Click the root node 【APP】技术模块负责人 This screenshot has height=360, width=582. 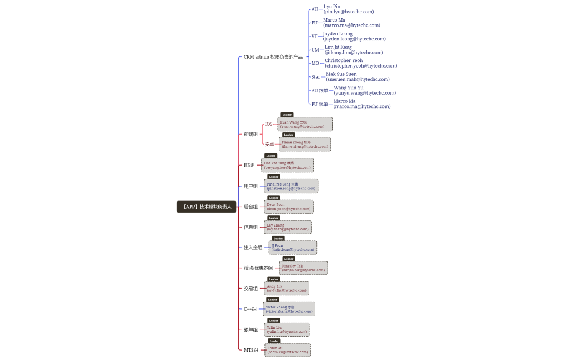[x=206, y=207]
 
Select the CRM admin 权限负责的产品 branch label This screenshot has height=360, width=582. [x=273, y=57]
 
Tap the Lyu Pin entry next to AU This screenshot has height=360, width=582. [x=349, y=9]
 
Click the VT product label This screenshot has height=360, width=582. [x=314, y=37]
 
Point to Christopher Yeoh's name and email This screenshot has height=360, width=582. [x=361, y=63]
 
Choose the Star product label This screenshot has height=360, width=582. [x=315, y=77]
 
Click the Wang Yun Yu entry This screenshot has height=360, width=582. [x=365, y=90]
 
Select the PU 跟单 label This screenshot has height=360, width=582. [x=319, y=104]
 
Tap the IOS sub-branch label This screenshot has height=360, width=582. [x=268, y=124]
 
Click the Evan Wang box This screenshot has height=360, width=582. [x=305, y=124]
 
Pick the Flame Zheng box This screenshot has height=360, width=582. [x=305, y=145]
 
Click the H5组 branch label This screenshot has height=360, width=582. [x=249, y=165]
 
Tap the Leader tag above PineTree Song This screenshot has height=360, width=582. [x=274, y=177]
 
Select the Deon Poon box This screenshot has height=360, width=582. [x=289, y=207]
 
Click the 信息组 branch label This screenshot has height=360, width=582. [x=250, y=227]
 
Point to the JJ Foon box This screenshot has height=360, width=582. [x=293, y=248]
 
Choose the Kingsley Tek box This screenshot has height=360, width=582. [x=303, y=268]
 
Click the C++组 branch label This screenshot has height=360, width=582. [x=250, y=309]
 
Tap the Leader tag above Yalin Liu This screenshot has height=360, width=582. [x=274, y=320]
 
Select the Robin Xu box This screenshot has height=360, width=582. [x=288, y=350]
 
